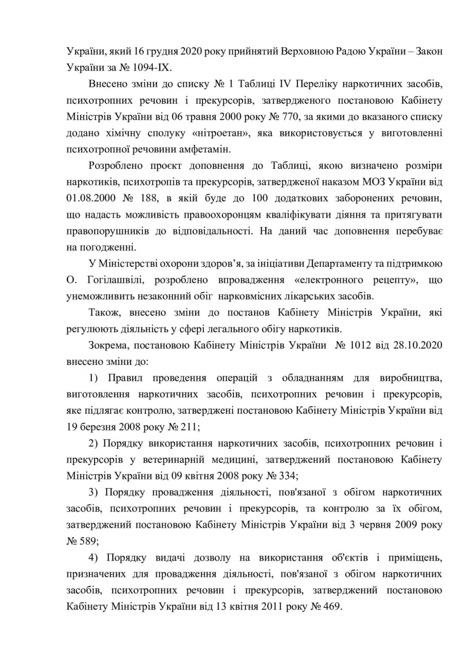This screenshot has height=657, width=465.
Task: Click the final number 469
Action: coord(328,606)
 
